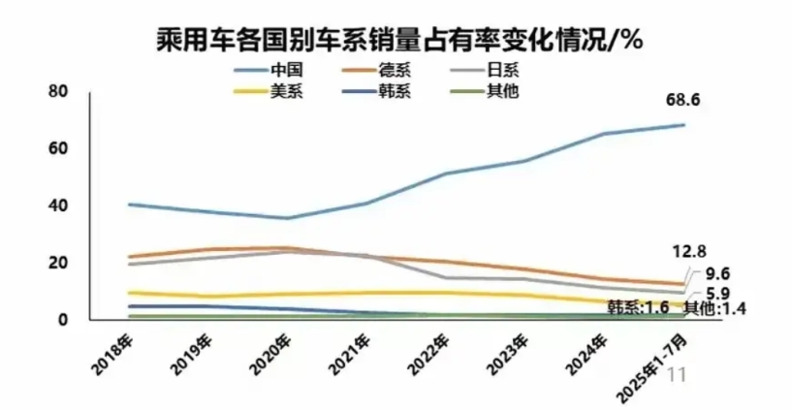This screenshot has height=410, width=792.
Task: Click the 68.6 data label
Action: (x=683, y=102)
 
